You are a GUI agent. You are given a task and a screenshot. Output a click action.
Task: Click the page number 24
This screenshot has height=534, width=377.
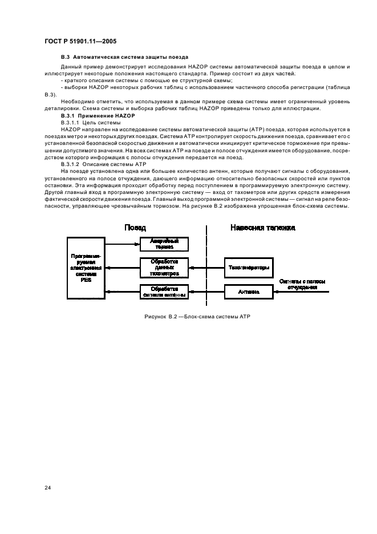47,487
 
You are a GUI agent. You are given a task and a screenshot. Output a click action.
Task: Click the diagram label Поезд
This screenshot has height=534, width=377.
135,227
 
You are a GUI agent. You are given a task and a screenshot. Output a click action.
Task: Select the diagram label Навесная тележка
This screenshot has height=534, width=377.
262,227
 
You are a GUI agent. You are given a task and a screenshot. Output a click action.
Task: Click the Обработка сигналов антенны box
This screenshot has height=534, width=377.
164,292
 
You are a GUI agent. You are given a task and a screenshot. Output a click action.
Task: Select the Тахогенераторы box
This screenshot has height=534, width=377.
249,267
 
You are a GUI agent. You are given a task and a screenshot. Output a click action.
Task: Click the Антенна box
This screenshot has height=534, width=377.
249,292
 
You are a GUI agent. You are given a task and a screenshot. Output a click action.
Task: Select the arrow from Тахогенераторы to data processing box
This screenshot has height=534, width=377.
205,267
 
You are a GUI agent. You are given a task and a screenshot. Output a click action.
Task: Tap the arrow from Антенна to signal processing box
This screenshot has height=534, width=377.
205,292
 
